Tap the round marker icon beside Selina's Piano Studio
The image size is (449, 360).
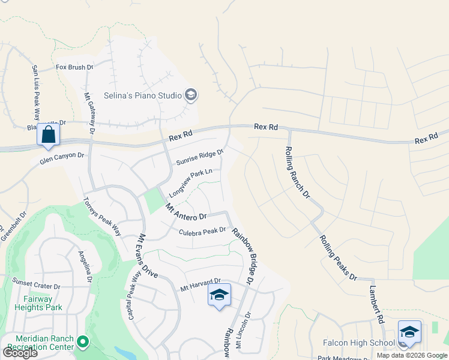tap(191, 95)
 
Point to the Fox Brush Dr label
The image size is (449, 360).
tap(74, 68)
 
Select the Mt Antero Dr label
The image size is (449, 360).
tap(186, 212)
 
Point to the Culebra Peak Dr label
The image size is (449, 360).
tap(202, 231)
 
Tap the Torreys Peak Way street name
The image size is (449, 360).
tap(103, 217)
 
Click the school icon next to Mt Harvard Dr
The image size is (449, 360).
tap(219, 295)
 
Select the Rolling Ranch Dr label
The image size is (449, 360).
tap(297, 172)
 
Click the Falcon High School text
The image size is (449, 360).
tap(366, 343)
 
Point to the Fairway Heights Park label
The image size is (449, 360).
tap(43, 303)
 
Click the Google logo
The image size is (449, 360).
tap(20, 353)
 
